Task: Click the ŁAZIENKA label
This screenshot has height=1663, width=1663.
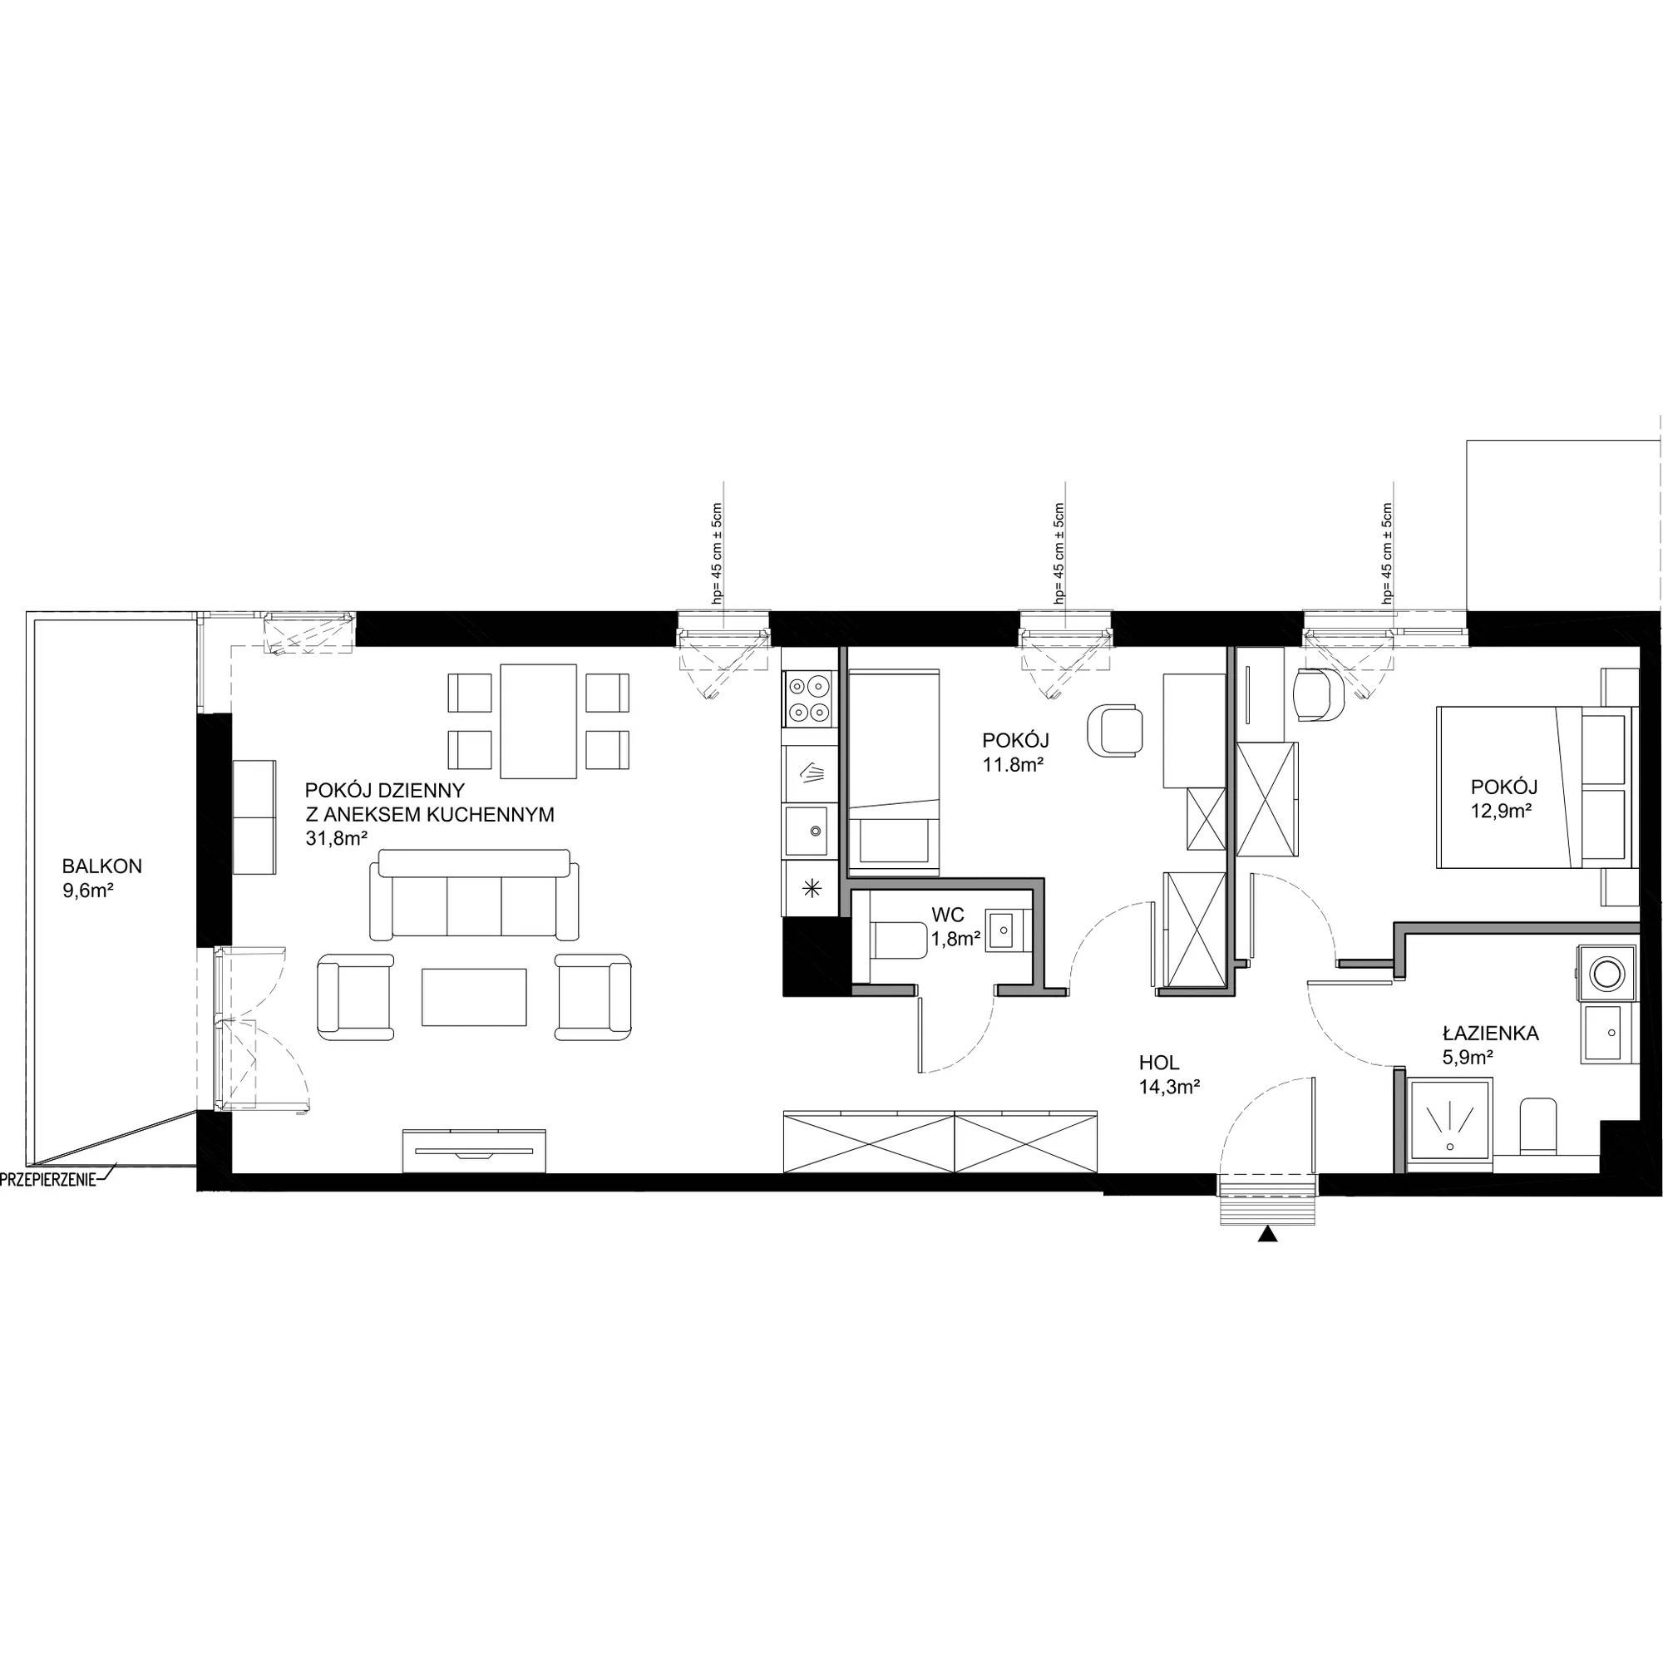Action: [x=1491, y=1033]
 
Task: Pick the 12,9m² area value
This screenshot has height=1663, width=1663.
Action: [x=1503, y=809]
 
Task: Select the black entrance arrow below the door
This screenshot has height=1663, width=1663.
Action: [x=1267, y=1234]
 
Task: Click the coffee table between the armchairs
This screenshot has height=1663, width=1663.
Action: [x=473, y=997]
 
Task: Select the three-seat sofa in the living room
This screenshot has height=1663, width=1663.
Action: [x=474, y=895]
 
